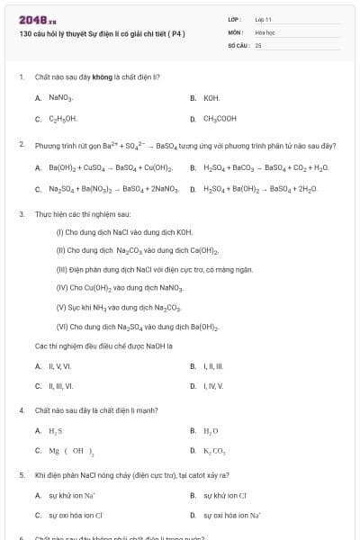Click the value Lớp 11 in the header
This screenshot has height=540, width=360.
click(x=264, y=19)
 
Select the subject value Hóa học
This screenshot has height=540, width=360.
click(x=265, y=31)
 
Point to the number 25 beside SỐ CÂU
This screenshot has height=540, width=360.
click(x=258, y=44)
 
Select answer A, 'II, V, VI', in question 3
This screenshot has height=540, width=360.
click(x=59, y=366)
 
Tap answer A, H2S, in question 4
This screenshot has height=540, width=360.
click(x=55, y=431)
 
